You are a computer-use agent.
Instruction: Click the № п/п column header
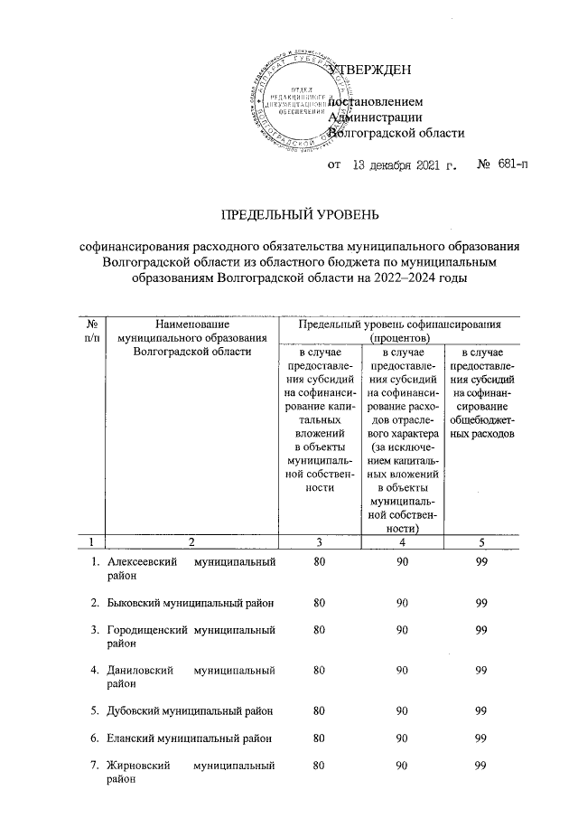(x=90, y=330)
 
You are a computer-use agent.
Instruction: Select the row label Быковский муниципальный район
(x=191, y=603)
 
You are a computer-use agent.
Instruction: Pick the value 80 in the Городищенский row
(x=319, y=629)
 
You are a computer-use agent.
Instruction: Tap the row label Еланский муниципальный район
(x=191, y=738)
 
